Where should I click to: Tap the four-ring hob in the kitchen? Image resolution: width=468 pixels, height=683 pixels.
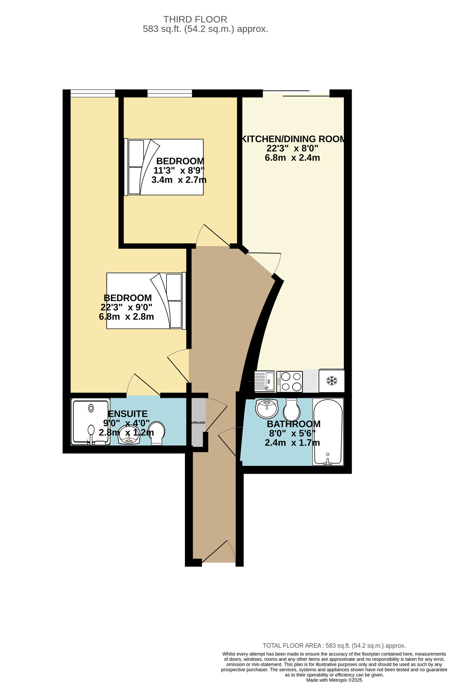pos(290,381)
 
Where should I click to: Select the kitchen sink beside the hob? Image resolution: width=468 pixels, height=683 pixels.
pos(265,381)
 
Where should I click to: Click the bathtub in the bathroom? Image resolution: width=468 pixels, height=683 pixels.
pos(328,432)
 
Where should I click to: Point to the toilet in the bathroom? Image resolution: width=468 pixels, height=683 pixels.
pos(292,410)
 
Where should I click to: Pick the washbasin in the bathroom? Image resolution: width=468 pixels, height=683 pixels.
pos(267,408)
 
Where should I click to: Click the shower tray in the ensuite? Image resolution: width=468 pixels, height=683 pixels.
pos(90,421)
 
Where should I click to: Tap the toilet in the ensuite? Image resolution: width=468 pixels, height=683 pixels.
pos(157,433)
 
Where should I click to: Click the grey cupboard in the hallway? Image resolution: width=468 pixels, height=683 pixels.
pos(198,422)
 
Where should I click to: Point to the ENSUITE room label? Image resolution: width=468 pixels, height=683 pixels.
pos(128,414)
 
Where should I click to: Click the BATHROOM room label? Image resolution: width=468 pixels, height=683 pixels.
pos(293,424)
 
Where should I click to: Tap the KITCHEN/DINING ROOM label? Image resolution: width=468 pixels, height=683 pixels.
pos(293,139)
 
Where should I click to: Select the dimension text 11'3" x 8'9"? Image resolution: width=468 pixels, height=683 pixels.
pos(179,170)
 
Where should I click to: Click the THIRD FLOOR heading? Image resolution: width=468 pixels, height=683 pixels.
pos(195,19)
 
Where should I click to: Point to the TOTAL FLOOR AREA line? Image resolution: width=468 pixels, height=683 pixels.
pos(334,645)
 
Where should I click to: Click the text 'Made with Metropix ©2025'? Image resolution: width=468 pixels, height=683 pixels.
pos(334,680)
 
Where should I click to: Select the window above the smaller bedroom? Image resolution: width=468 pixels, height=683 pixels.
pos(170,93)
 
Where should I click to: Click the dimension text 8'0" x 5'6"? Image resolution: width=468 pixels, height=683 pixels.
pos(292,433)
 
